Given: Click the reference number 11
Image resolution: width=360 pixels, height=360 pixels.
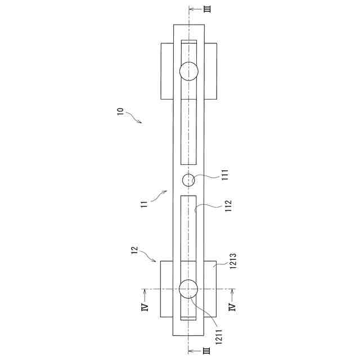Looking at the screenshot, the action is click(144, 204).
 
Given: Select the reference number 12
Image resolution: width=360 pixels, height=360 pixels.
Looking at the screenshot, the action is click(134, 250).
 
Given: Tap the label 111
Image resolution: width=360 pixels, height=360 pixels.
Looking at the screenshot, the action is click(225, 175).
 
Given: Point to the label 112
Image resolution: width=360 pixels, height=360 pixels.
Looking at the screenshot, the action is click(228, 206).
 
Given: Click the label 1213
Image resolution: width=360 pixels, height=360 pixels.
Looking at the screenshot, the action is click(233, 261).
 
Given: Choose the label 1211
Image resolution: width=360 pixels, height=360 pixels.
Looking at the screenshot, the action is click(219, 337).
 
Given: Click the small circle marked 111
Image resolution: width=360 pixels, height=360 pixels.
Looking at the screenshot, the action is click(188, 180).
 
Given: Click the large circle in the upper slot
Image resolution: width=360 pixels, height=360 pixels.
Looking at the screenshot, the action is click(189, 71).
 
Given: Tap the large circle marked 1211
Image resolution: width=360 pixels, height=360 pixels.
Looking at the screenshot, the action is click(188, 289).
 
